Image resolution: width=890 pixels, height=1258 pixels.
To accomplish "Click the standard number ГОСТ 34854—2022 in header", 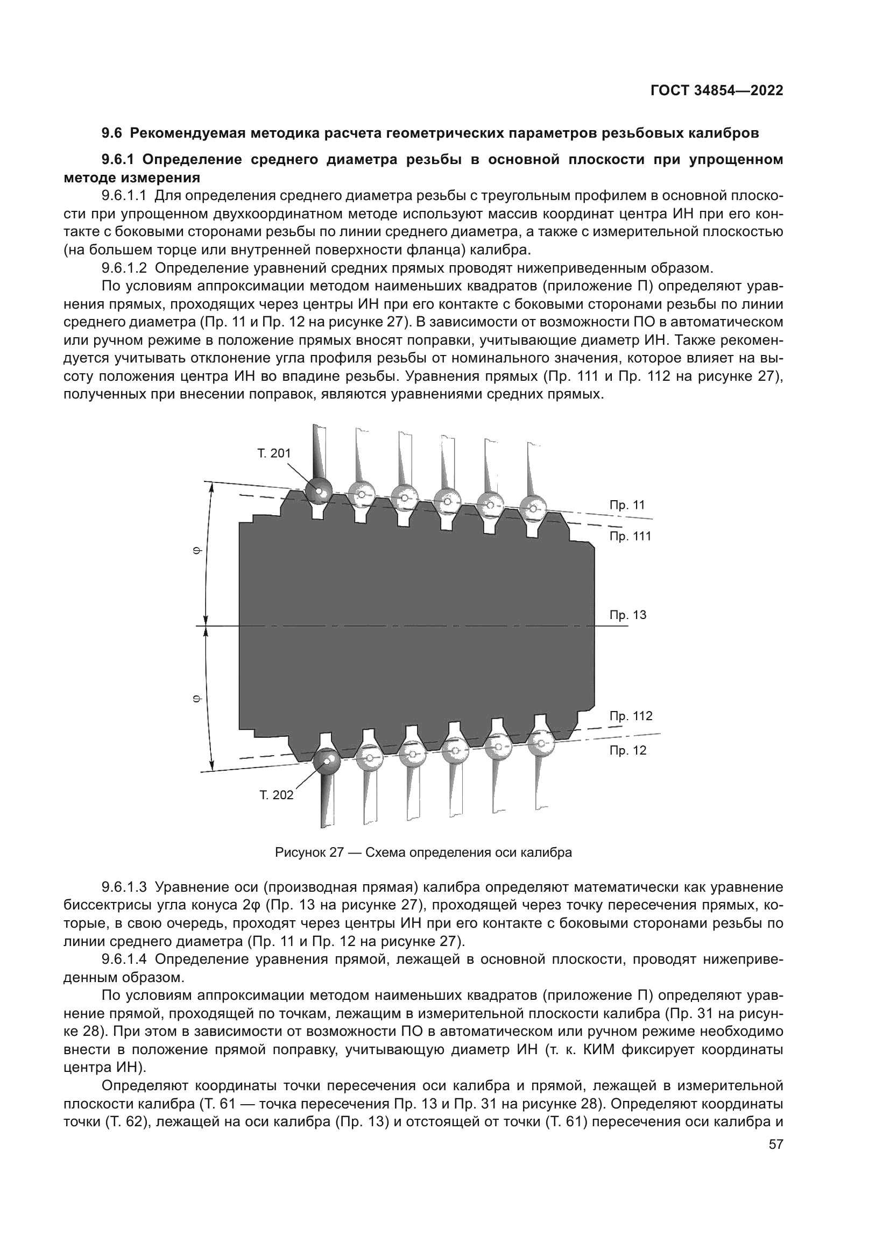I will pos(717,90).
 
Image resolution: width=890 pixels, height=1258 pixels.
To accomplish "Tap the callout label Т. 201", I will pos(274,453).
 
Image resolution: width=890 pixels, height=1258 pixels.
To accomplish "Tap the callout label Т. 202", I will pos(276,795).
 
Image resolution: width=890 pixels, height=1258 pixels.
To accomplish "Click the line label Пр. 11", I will pos(627,505).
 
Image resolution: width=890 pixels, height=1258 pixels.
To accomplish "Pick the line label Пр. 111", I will pos(630,536).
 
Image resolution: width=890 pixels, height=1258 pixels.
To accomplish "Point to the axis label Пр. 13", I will pos(628,615).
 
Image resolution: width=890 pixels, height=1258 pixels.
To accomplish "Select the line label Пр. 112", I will pos(631,716).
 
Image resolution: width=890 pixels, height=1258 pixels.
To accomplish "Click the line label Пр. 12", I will pos(628,750).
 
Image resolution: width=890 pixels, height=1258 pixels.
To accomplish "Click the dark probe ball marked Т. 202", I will pos(327,761).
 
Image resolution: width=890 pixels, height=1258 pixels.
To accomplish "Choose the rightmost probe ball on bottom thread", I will pos(541,742).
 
